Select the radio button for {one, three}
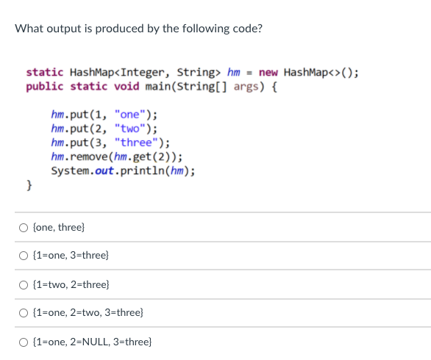tap(24, 228)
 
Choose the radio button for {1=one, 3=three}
tap(24, 256)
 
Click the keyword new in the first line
tap(268, 72)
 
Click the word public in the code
tap(44, 86)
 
